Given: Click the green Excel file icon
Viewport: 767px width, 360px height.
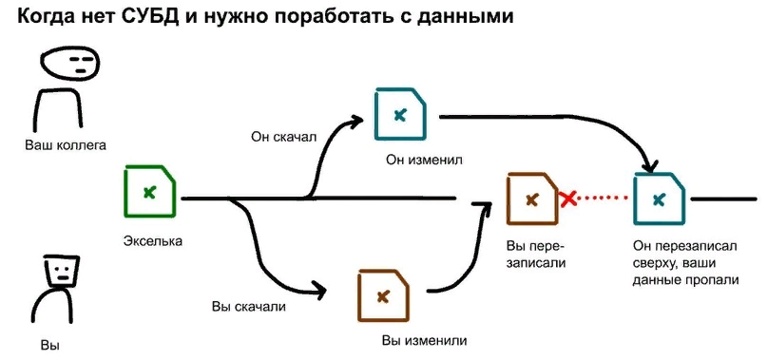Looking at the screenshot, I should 148,193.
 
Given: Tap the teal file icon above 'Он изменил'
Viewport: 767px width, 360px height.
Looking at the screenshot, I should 400,114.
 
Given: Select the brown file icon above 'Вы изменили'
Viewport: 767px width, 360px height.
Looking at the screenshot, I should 383,296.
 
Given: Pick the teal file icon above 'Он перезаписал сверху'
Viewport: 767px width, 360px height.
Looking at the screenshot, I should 659,199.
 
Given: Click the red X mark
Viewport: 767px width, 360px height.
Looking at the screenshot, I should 568,199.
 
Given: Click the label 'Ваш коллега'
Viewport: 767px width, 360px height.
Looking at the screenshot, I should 66,145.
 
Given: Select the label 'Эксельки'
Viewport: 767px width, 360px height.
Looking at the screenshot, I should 152,240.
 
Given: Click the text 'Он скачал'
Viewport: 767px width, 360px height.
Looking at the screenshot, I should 283,137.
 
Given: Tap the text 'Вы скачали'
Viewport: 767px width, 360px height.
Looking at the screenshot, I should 249,307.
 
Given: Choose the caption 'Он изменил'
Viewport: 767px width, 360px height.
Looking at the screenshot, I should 424,159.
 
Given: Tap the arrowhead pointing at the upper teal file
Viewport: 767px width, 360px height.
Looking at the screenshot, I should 356,121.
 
